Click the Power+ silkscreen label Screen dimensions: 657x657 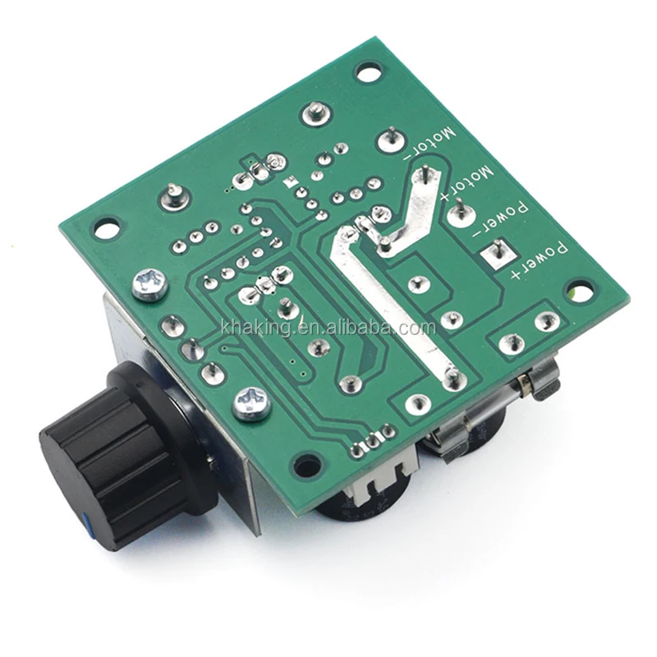540,260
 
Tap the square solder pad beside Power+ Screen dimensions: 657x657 498,253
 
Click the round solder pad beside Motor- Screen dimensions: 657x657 393,140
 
